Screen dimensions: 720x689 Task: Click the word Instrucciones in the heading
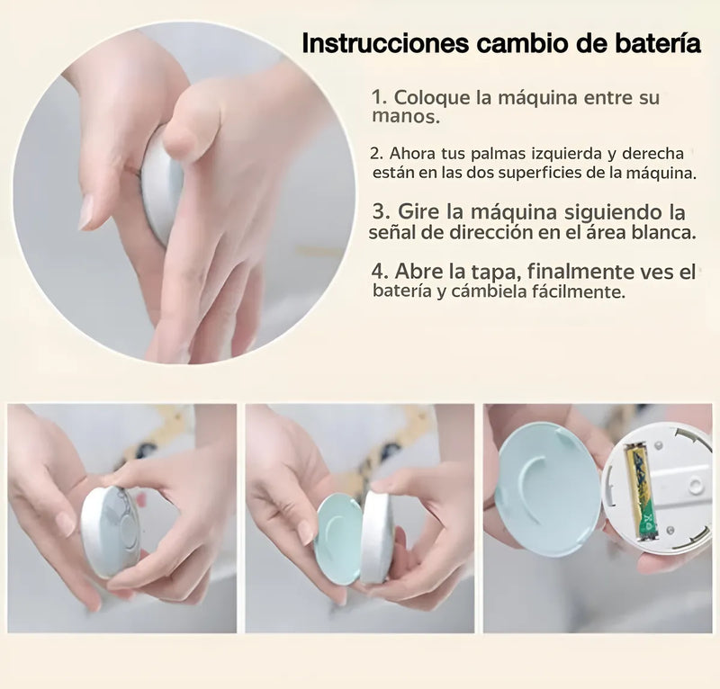pyautogui.click(x=385, y=43)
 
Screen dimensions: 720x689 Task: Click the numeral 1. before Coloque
pyautogui.click(x=379, y=98)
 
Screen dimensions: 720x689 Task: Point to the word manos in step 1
pyautogui.click(x=405, y=117)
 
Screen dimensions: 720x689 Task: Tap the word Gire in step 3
pyautogui.click(x=418, y=212)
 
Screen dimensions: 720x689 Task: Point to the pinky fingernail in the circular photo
pyautogui.click(x=86, y=212)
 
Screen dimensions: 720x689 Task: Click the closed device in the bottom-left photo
pyautogui.click(x=110, y=532)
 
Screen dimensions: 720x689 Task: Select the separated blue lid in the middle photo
pyautogui.click(x=340, y=538)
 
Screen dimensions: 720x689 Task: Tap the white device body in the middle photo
pyautogui.click(x=376, y=537)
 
